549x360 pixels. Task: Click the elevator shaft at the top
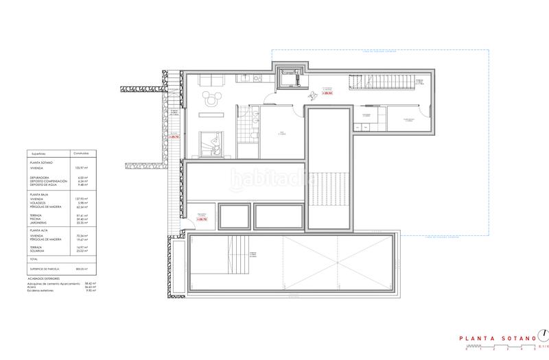[x=291, y=77]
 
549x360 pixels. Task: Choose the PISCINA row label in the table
[x=39, y=219]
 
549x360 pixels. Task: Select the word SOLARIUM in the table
[x=41, y=250]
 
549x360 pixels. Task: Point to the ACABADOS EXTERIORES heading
[x=40, y=277]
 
